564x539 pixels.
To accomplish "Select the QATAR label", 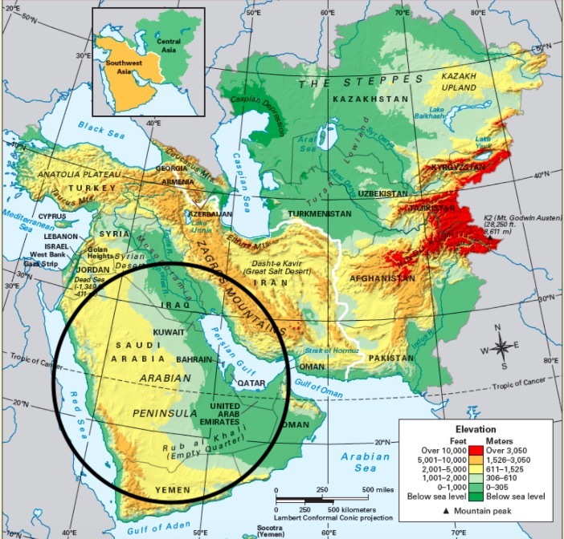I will [250, 383].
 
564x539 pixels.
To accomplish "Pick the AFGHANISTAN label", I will [382, 278].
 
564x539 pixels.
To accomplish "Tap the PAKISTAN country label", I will [392, 357].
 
